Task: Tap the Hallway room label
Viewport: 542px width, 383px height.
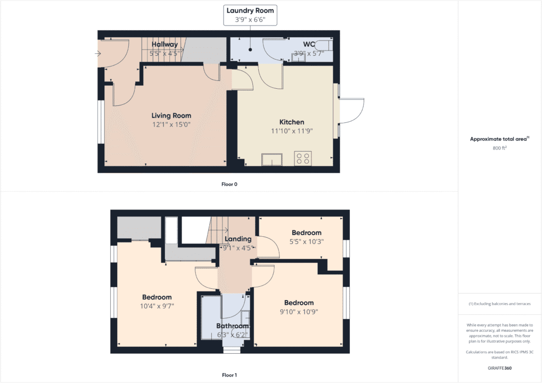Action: (x=165, y=44)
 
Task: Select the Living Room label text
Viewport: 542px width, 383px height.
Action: (x=171, y=115)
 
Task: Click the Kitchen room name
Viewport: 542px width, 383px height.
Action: (x=291, y=122)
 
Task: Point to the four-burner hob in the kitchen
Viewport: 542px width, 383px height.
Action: (x=303, y=158)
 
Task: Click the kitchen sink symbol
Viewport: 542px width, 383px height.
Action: (x=272, y=159)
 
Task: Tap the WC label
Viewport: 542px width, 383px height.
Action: (x=310, y=44)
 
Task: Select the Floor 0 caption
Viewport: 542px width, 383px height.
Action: (x=229, y=184)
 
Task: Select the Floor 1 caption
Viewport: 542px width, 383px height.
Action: (x=229, y=375)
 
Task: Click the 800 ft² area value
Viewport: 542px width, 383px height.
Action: (x=499, y=148)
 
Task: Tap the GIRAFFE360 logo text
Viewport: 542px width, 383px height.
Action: (x=499, y=368)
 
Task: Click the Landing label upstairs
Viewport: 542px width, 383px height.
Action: (x=237, y=239)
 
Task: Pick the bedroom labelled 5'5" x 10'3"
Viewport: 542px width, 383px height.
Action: (x=307, y=241)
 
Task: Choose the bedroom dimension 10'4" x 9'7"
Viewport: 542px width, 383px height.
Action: (x=157, y=306)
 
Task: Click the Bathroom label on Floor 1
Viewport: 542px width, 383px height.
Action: (x=232, y=326)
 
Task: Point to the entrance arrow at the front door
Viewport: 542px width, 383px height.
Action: (x=97, y=54)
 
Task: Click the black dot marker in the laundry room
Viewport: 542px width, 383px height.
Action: (x=249, y=49)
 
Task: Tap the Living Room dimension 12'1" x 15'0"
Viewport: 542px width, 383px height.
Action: (x=171, y=124)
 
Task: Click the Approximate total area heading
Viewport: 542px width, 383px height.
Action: (x=499, y=139)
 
